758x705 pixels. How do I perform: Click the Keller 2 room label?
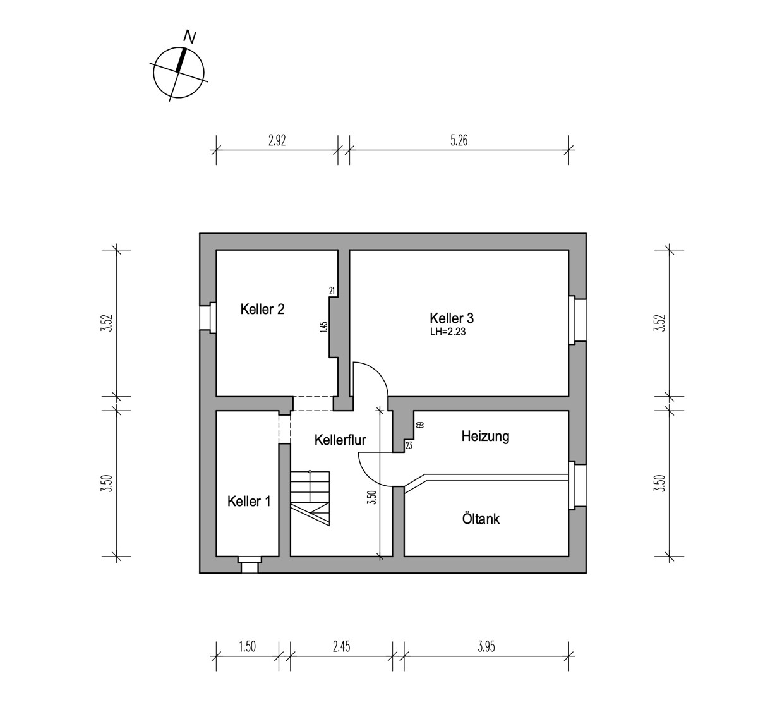[262, 309]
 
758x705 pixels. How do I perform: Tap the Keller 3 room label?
[452, 318]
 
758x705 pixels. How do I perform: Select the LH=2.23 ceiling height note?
[448, 332]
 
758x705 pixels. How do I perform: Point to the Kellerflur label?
[340, 440]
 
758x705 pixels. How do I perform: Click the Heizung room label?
[485, 437]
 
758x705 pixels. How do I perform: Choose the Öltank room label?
[481, 519]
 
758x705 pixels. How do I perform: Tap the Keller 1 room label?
[249, 501]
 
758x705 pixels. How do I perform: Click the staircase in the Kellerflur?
[310, 498]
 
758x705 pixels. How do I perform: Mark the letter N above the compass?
[189, 37]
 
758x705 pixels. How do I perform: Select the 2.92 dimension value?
[277, 140]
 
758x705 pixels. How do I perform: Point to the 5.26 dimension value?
[459, 140]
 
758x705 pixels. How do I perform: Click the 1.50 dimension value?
[247, 646]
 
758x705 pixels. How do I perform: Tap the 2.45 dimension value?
[341, 646]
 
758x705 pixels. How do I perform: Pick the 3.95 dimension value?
[486, 646]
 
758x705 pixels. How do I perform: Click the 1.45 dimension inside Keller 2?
[323, 327]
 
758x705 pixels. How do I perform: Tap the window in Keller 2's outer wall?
[208, 316]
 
